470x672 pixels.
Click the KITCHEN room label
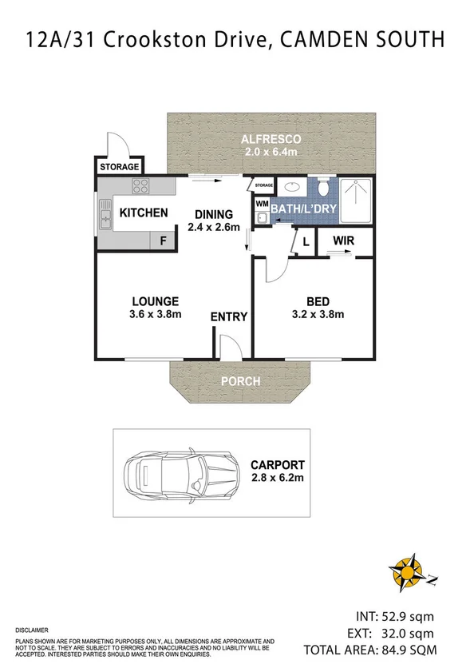pos(144,213)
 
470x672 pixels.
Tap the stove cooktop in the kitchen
pos(141,188)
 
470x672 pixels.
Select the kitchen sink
pos(105,214)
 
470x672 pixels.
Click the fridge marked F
pos(164,240)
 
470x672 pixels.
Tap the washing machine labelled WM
pos(262,204)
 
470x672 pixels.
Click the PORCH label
pos(240,381)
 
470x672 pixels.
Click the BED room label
pos(317,301)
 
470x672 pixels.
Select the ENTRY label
pos(229,317)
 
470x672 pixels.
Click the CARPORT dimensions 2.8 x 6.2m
pos(276,478)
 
